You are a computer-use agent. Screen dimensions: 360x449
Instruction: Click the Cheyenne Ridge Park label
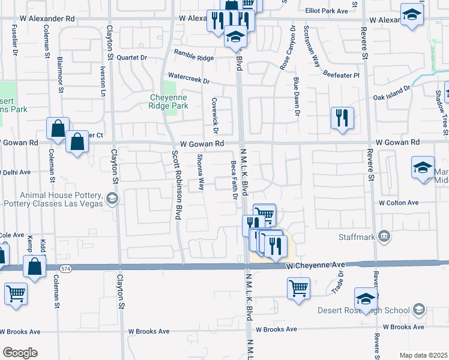click(x=169, y=101)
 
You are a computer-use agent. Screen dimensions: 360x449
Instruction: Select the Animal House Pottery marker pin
click(x=111, y=198)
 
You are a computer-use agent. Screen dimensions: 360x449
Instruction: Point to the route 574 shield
click(x=65, y=270)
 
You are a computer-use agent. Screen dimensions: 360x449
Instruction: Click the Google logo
click(x=19, y=353)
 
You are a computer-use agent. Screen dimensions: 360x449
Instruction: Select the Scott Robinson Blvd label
click(x=176, y=184)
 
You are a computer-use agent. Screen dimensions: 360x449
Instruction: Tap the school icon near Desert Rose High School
click(x=366, y=298)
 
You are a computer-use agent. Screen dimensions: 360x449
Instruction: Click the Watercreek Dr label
click(x=188, y=78)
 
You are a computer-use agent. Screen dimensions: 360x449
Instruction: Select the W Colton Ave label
click(x=399, y=203)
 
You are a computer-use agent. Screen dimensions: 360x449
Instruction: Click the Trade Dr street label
click(x=337, y=282)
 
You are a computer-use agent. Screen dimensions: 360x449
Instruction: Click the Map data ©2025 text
click(x=424, y=355)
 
